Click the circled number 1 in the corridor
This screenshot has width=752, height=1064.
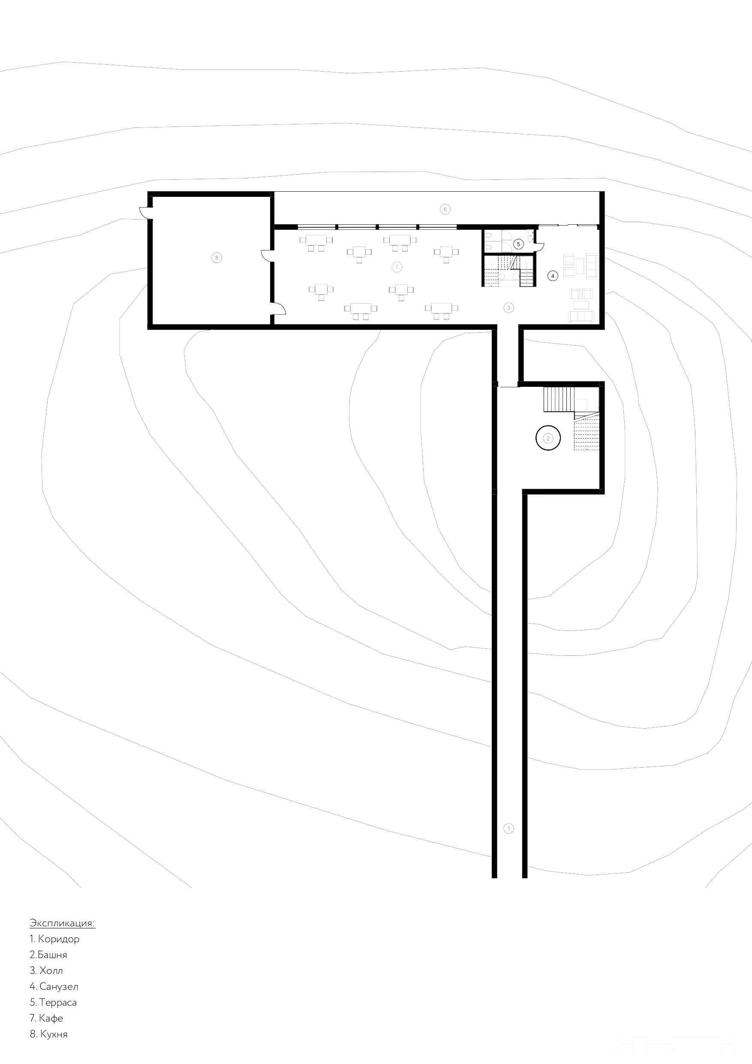(x=508, y=828)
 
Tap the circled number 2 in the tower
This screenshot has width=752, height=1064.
(x=548, y=438)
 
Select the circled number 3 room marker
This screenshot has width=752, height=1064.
(x=508, y=307)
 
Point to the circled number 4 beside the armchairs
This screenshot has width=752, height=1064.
(x=552, y=276)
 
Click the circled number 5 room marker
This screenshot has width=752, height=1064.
(x=518, y=244)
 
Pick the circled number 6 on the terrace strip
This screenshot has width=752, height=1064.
(x=445, y=209)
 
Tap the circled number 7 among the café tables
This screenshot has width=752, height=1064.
(x=396, y=267)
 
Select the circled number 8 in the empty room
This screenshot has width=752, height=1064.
(x=217, y=258)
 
